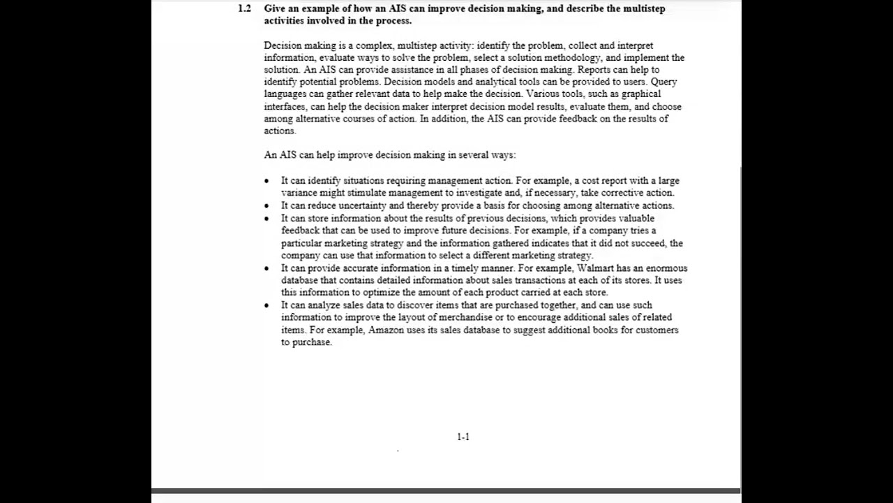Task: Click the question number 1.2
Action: [244, 9]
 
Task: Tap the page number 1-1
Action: [463, 437]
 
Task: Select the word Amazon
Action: [386, 330]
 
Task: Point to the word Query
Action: [663, 82]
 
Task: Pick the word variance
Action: [299, 193]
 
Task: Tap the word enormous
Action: [666, 268]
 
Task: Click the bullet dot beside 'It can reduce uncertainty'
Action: [267, 206]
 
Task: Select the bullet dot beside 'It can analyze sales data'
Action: [267, 306]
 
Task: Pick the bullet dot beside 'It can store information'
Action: [267, 219]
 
